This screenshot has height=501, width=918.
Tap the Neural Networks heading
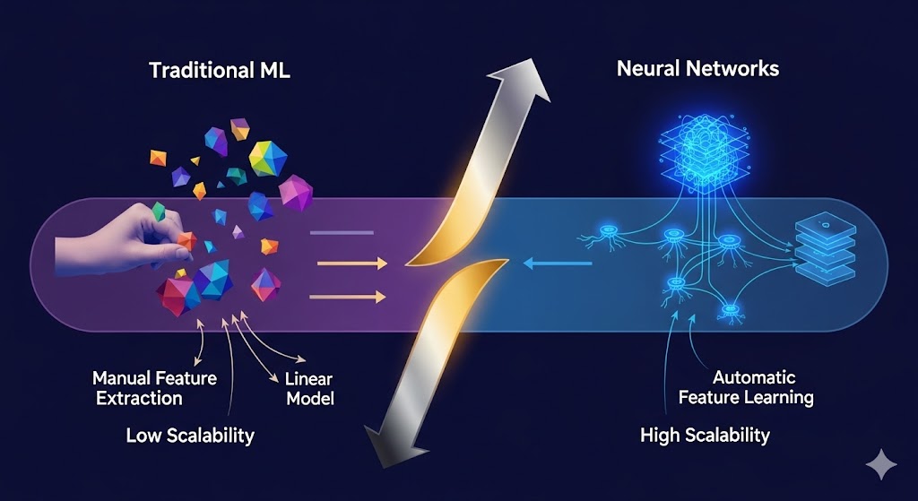tap(697, 69)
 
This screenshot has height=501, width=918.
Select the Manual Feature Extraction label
tap(154, 388)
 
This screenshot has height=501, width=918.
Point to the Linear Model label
tap(310, 388)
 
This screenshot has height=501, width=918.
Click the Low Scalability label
tap(189, 436)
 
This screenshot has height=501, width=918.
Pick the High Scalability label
tap(705, 436)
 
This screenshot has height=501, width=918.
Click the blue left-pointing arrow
tap(556, 263)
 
